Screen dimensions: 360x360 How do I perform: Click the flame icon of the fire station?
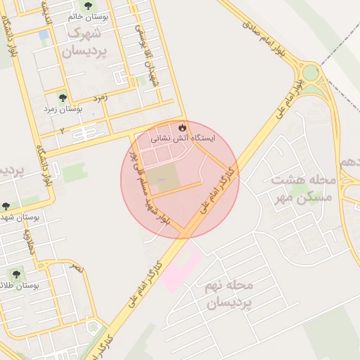point(183,128)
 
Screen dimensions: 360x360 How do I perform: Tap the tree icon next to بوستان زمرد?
point(63,98)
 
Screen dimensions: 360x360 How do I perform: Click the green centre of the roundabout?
point(311,73)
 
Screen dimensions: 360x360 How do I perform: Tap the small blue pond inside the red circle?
point(162,181)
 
